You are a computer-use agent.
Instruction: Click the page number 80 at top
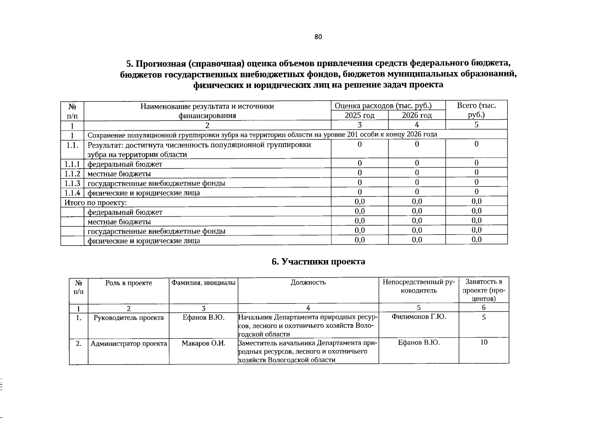pyautogui.click(x=318, y=37)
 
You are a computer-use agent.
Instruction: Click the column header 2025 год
pyautogui.click(x=359, y=115)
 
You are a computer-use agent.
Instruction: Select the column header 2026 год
pyautogui.click(x=417, y=115)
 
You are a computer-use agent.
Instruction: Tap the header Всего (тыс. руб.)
pyautogui.click(x=476, y=110)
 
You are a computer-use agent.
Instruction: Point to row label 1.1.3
pyautogui.click(x=72, y=183)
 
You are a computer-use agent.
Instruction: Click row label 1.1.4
pyautogui.click(x=72, y=193)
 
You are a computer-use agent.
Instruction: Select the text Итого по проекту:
pyautogui.click(x=96, y=202)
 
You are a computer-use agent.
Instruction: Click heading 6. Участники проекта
pyautogui.click(x=318, y=262)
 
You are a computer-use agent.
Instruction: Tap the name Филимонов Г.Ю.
pyautogui.click(x=419, y=317)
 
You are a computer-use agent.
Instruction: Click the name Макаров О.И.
pyautogui.click(x=204, y=343)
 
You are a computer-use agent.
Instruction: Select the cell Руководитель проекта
pyautogui.click(x=128, y=317)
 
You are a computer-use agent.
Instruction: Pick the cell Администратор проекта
pyautogui.click(x=128, y=344)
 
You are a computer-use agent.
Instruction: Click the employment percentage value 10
pyautogui.click(x=484, y=342)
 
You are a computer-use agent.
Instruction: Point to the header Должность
pyautogui.click(x=308, y=283)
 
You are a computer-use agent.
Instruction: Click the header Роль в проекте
pyautogui.click(x=128, y=283)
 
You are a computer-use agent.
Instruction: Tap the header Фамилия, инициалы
pyautogui.click(x=203, y=283)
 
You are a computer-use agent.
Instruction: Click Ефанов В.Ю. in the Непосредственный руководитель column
pyautogui.click(x=419, y=342)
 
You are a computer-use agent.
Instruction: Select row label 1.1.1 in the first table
pyautogui.click(x=72, y=164)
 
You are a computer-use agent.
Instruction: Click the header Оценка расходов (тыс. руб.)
pyautogui.click(x=388, y=106)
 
